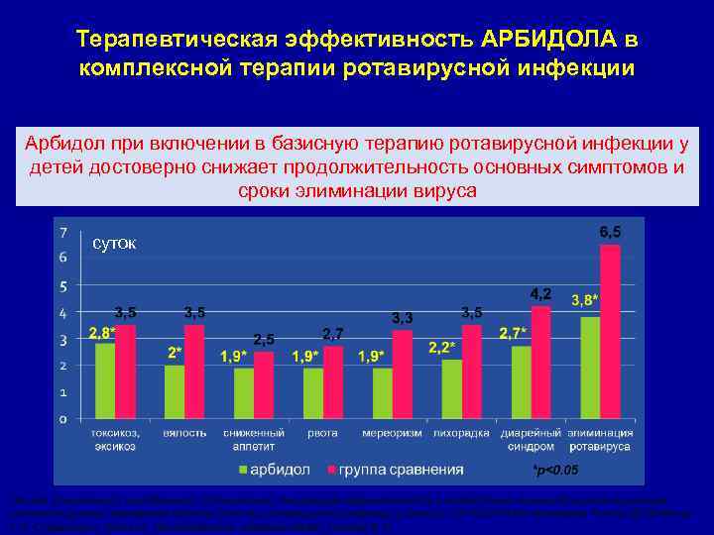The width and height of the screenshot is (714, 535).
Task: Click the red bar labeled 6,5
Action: [610, 332]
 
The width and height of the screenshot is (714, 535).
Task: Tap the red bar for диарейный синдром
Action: [540, 362]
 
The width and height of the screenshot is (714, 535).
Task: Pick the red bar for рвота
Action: [332, 381]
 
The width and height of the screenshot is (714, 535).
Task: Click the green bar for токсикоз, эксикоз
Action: [105, 380]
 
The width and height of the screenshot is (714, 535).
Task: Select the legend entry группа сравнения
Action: [393, 468]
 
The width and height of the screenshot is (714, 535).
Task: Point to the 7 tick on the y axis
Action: [64, 234]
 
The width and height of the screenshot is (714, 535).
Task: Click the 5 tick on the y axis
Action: [64, 287]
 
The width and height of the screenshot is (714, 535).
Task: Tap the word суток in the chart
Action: [115, 243]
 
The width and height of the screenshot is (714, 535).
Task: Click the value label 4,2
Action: [540, 294]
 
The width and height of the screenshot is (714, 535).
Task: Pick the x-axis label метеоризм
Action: [391, 433]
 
